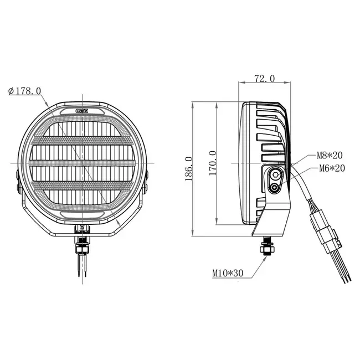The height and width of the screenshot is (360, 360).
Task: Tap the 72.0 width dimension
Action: (264, 79)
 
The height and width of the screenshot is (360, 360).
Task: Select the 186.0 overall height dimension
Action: (188, 167)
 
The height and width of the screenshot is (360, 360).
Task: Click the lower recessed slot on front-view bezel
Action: (83, 213)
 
